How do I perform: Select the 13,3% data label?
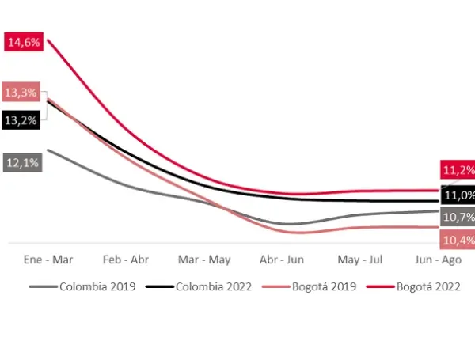click(x=21, y=93)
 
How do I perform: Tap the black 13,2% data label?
click(x=21, y=120)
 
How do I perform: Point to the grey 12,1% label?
click(x=21, y=162)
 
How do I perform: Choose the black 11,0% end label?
click(x=459, y=195)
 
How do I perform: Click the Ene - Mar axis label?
click(x=48, y=260)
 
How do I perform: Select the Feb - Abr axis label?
click(x=126, y=260)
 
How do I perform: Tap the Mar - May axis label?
click(x=204, y=260)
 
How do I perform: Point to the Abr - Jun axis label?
click(x=283, y=260)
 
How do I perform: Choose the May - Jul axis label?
click(x=360, y=260)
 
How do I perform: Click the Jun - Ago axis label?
click(x=438, y=260)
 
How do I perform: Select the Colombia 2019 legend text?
click(x=98, y=286)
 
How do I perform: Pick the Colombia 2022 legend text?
click(x=213, y=286)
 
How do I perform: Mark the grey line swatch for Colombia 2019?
click(x=43, y=286)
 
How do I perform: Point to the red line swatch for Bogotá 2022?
click(x=380, y=286)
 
